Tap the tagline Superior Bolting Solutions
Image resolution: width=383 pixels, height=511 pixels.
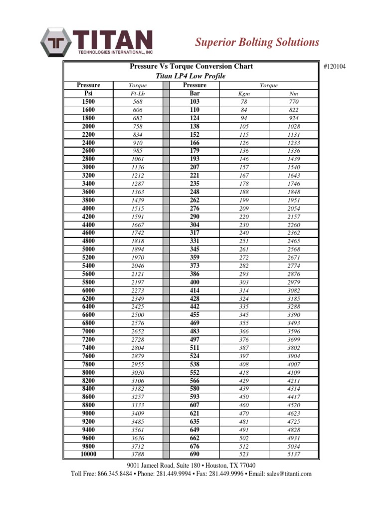pos(256,42)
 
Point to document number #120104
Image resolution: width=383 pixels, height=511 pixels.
pos(338,66)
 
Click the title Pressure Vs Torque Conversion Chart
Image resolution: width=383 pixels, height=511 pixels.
pos(191,66)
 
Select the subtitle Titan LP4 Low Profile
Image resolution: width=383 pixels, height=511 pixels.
pos(191,76)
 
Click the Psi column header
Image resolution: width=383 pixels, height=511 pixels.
pos(88,93)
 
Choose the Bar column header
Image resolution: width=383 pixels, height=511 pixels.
pos(194,93)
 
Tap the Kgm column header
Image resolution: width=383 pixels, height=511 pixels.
pos(243,93)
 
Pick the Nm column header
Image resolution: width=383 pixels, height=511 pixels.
pos(294,93)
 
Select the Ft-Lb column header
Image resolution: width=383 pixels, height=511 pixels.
pos(137,93)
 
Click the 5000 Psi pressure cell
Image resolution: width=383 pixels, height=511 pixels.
pos(88,249)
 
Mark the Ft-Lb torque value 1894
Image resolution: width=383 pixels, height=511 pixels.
pos(138,250)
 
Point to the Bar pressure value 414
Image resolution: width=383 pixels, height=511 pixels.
pos(194,290)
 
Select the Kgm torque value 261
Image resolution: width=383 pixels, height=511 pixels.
pos(243,250)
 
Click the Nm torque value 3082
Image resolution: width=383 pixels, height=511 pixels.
pos(294,290)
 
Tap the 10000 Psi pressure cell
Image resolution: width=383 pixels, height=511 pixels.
pos(88,454)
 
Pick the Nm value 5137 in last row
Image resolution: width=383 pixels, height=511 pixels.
pos(294,455)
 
